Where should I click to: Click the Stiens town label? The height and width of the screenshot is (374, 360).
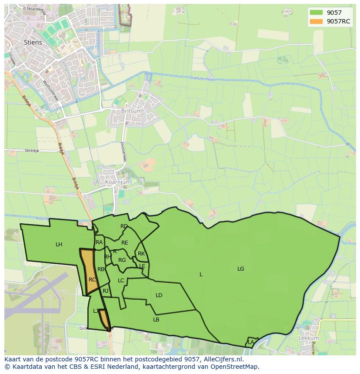pos(33,43)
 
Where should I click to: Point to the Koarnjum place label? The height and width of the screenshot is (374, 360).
pos(118,182)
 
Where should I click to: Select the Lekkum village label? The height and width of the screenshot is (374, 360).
pos(308,338)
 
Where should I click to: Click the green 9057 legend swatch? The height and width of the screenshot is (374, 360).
pos(316,13)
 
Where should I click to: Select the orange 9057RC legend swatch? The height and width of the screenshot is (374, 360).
pos(316,21)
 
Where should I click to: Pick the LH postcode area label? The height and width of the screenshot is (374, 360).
pos(59,245)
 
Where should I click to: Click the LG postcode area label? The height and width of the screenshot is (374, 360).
pos(240,269)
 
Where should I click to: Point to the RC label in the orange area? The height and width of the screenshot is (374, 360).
pos(92,280)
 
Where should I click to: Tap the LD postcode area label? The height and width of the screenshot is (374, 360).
pos(159,295)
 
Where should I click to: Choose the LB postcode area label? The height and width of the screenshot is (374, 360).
pos(156,320)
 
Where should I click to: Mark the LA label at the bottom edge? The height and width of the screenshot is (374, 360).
pos(251,342)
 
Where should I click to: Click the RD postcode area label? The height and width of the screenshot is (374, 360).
pos(124,226)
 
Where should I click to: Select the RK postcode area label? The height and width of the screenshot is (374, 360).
pos(141,254)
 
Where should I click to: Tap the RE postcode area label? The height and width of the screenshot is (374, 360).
pos(125,243)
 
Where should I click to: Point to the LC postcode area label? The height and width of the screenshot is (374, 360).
pos(121,281)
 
